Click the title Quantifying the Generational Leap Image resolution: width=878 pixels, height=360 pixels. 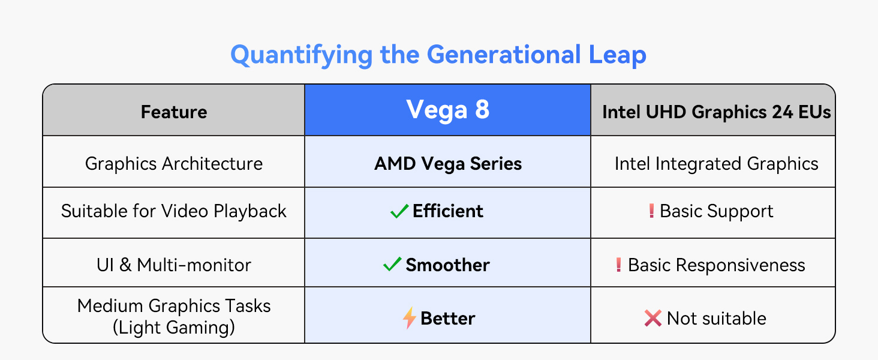coord(438,55)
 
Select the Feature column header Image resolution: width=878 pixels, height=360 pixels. coord(174,112)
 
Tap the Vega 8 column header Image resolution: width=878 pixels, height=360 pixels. coord(448,110)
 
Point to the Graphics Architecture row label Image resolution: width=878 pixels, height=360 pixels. coord(174,164)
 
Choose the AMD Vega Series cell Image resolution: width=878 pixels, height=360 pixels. coord(448,164)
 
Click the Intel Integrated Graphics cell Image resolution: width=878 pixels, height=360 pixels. coord(716,164)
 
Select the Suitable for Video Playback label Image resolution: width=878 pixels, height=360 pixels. coord(174,211)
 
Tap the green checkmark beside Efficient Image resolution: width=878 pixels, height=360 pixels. coord(399,211)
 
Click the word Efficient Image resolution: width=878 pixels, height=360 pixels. coord(448,211)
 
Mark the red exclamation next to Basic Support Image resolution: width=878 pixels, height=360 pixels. coord(651,211)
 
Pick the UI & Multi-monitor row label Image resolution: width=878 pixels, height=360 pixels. coord(174,265)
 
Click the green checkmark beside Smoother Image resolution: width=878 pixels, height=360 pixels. coord(392,265)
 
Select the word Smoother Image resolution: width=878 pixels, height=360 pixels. coord(448,265)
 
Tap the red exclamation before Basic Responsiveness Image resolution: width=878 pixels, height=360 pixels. coord(619,265)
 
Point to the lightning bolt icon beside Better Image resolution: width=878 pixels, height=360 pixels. coord(409,318)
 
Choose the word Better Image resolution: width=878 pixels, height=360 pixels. coord(448,318)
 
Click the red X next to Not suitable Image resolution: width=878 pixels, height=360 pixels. coord(653,318)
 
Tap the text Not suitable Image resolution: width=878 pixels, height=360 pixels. coord(717,318)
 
